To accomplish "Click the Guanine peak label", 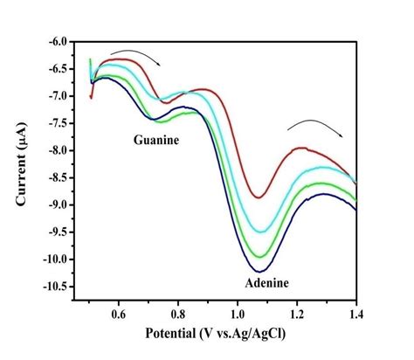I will [x=158, y=140].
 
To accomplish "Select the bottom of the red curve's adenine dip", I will [x=259, y=197].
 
